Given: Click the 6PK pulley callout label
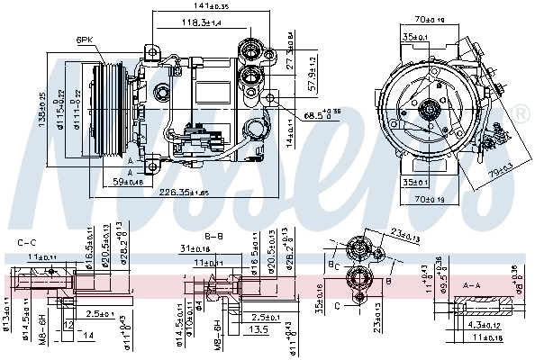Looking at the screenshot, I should pos(86,40).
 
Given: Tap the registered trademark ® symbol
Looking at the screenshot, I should pos(521,113).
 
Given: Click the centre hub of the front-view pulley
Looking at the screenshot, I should pos(430,112).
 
